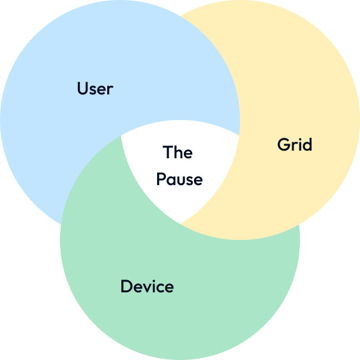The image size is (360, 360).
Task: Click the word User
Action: pos(95,88)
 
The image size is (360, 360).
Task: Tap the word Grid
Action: pos(294,144)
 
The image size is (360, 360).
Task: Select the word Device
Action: pos(147,286)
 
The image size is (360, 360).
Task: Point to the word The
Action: pos(177,152)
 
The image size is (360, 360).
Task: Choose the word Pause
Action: pos(179,179)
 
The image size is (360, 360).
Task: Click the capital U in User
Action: pos(82,88)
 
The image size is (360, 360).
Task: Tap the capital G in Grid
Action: pos(284,144)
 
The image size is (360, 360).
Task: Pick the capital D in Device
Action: pos(126,286)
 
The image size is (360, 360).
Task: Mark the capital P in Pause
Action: pos(161,179)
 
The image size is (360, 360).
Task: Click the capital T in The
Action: pos(168,152)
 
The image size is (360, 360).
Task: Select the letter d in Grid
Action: pos(307,144)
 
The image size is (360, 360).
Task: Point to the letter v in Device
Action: pos(147,288)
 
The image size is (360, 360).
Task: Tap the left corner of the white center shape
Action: pos(121,136)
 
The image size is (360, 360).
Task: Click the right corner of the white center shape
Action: pos(239,135)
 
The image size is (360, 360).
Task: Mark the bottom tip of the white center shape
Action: pos(180,223)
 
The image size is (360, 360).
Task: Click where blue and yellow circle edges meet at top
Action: pos(181,16)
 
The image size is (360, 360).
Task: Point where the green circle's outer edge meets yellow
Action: pos(299,225)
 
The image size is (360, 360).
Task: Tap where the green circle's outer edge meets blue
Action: pos(61,223)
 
